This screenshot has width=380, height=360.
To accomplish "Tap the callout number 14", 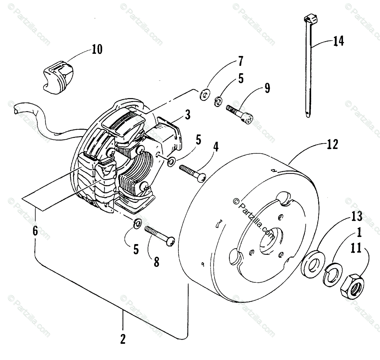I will [x=338, y=41].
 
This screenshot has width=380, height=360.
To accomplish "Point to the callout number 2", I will [x=123, y=339].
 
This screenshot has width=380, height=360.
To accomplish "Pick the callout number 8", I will [x=156, y=262].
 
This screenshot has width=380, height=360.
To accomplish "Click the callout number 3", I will [x=188, y=115].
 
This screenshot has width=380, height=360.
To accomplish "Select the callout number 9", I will [x=267, y=88].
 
